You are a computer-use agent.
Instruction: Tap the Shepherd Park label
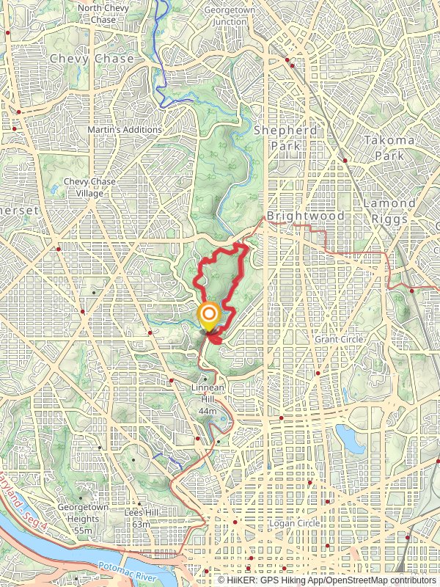click(285, 138)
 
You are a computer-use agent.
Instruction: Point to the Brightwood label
click(295, 216)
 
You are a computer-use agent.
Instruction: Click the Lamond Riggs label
click(390, 209)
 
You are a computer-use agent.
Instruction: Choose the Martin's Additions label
click(124, 130)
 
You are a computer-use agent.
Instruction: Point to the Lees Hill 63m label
click(136, 519)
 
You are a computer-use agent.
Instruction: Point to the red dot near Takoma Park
click(345, 159)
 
